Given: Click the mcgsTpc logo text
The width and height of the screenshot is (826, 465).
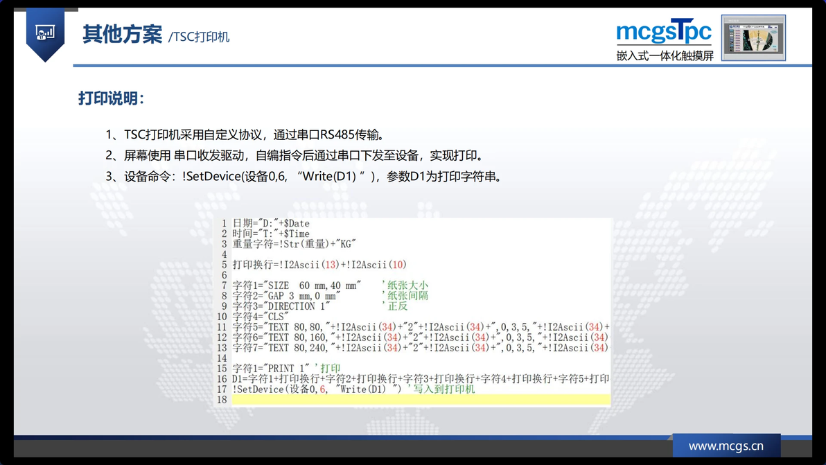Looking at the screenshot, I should tap(664, 32).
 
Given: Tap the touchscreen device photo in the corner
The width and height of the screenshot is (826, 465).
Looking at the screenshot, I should tap(753, 37).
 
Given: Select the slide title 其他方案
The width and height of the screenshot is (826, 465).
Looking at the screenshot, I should tap(122, 34).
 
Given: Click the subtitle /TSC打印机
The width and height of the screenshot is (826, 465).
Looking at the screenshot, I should tap(199, 37).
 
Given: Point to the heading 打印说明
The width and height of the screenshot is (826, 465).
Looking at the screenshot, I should tap(111, 98).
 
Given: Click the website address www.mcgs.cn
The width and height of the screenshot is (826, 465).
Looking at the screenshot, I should tap(726, 446).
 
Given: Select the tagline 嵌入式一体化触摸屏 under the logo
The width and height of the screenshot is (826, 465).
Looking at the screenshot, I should tap(665, 55).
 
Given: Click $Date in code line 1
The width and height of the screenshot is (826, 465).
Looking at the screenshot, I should tap(297, 224).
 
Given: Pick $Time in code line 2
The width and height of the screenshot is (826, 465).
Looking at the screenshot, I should tap(297, 234).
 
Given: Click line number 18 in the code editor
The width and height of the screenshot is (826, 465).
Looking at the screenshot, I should tap(222, 400).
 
